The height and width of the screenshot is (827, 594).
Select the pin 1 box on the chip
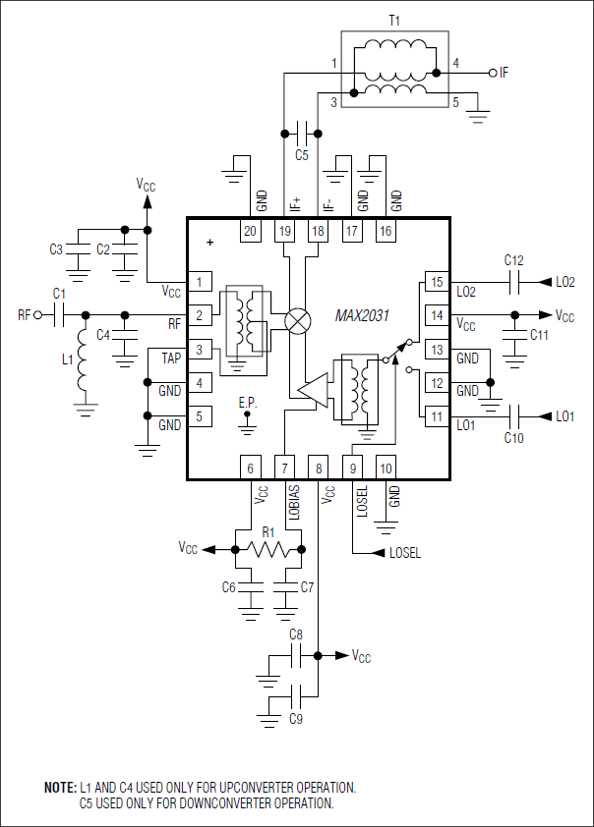(x=200, y=283)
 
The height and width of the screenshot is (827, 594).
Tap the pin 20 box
(x=250, y=231)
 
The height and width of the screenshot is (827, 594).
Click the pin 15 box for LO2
(x=437, y=283)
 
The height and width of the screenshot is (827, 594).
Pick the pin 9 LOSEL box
(x=353, y=469)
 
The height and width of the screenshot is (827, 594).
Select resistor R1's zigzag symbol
(x=267, y=549)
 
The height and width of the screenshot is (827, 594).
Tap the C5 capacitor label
(x=302, y=154)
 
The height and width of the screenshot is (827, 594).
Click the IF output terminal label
(x=505, y=72)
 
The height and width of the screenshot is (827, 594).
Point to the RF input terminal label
(x=25, y=315)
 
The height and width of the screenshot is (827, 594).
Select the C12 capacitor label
(x=513, y=260)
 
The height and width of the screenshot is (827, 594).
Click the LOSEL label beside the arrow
(x=405, y=553)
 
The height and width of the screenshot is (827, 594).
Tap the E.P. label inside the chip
(x=248, y=403)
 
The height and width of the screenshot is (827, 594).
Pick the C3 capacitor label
(x=56, y=249)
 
